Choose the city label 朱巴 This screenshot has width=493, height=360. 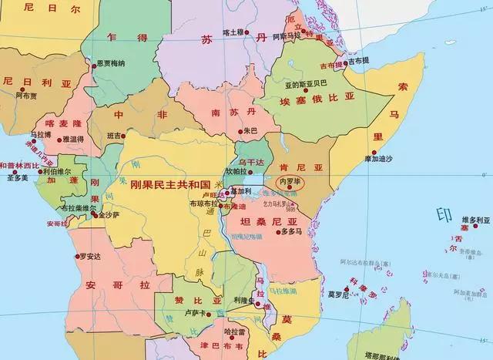coord(250,130)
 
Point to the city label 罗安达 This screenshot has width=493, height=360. coord(91,256)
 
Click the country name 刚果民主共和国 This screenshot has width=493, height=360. coord(170,185)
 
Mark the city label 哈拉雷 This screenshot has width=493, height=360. coord(234,331)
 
